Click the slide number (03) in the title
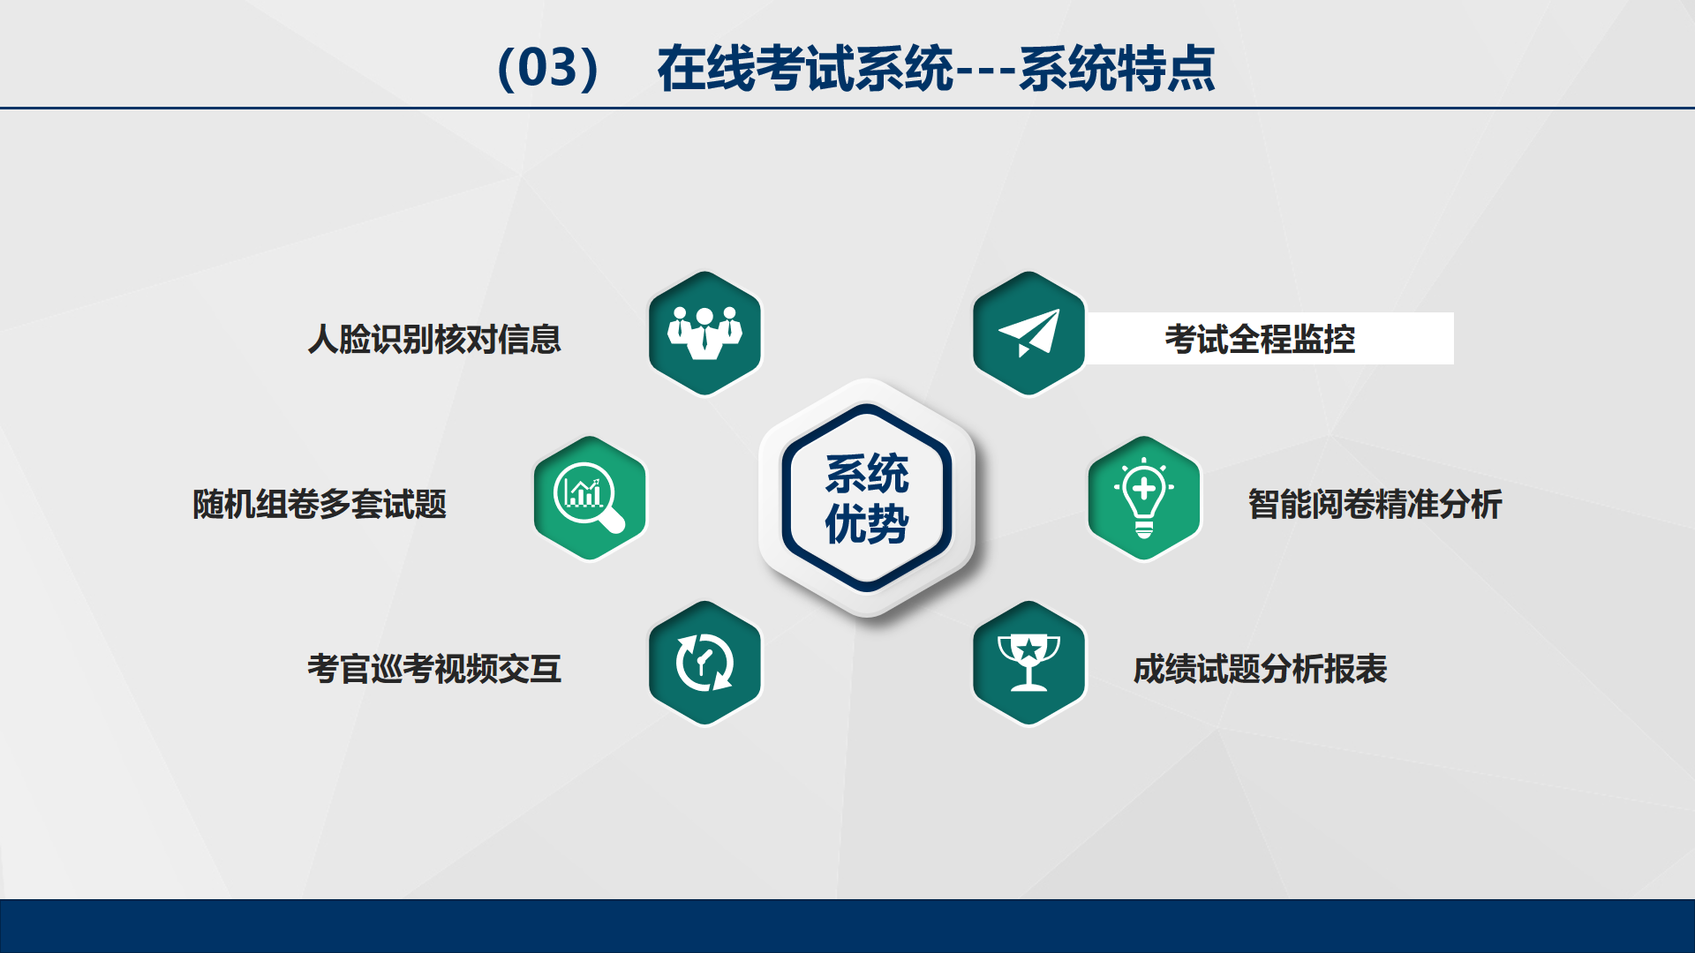coord(549,68)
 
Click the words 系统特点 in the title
coord(1117,68)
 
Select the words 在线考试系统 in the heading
coord(805,68)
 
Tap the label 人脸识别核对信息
coord(434,339)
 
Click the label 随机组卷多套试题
coord(320,504)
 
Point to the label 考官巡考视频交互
coord(434,669)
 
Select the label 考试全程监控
coord(1260,339)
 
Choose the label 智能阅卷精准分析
coord(1375,504)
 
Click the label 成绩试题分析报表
coord(1260,669)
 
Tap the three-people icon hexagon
coord(704,334)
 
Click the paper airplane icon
coord(1028,333)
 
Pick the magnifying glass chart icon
coord(589,498)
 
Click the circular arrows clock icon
coord(704,663)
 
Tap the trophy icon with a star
coord(1028,662)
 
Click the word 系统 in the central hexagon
coord(867,474)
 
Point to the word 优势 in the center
coord(867,524)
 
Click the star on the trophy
coord(1028,650)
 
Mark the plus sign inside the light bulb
coord(1144,488)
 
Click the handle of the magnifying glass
coord(612,521)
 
